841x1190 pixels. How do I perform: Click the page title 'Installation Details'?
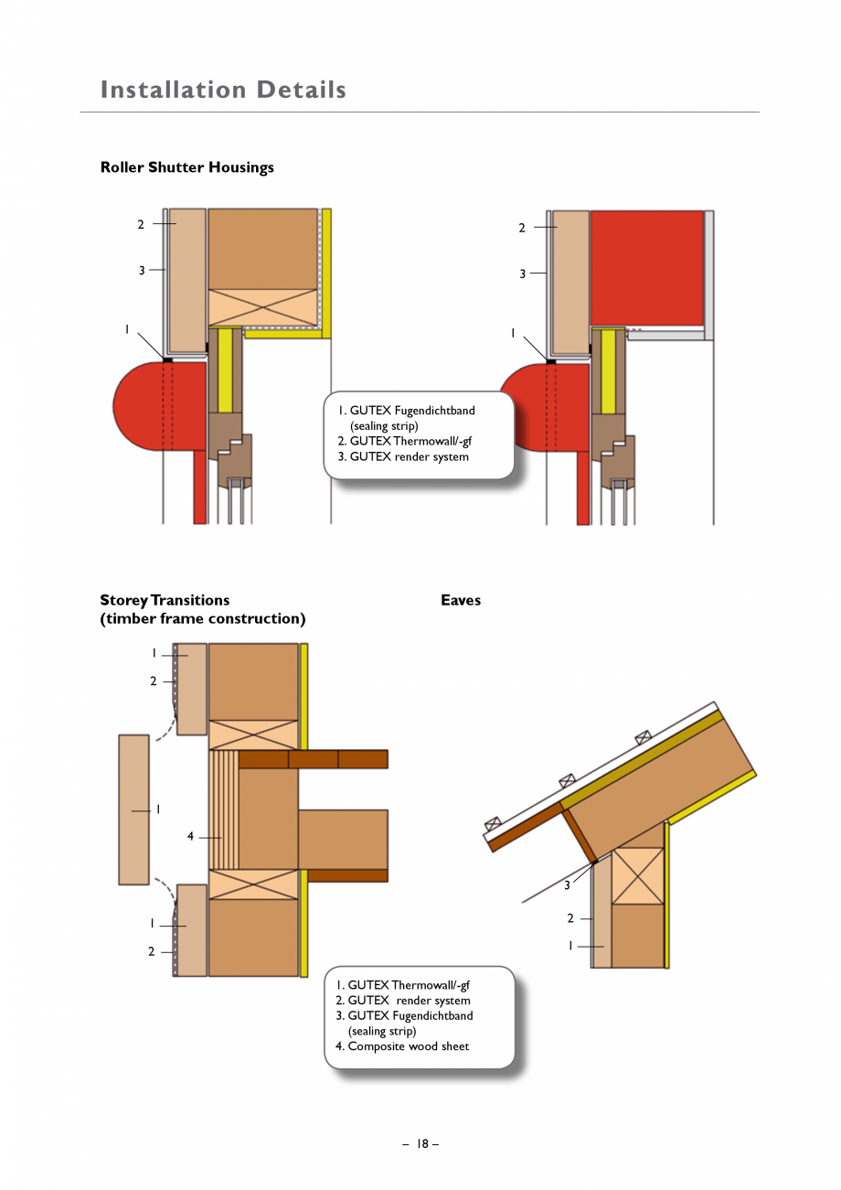point(223,90)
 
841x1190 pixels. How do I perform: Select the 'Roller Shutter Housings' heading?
point(186,167)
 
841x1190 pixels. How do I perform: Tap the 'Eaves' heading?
point(460,600)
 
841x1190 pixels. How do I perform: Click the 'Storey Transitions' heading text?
point(165,600)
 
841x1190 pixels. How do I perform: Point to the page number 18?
point(421,1143)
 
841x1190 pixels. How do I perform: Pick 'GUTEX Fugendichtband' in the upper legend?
point(411,411)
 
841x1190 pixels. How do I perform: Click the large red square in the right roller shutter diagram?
point(647,267)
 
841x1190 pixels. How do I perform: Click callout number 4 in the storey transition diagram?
point(190,836)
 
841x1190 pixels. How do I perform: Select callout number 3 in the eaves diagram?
point(567,885)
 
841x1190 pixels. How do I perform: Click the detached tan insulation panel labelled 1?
point(133,809)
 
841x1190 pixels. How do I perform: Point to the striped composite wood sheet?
point(223,809)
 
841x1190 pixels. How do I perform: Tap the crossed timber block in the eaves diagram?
point(637,875)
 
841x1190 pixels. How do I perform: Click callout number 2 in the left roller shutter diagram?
point(141,224)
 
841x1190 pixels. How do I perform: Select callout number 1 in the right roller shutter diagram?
point(514,333)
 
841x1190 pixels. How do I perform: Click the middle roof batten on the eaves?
point(567,780)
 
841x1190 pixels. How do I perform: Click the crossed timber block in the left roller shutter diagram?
point(262,307)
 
